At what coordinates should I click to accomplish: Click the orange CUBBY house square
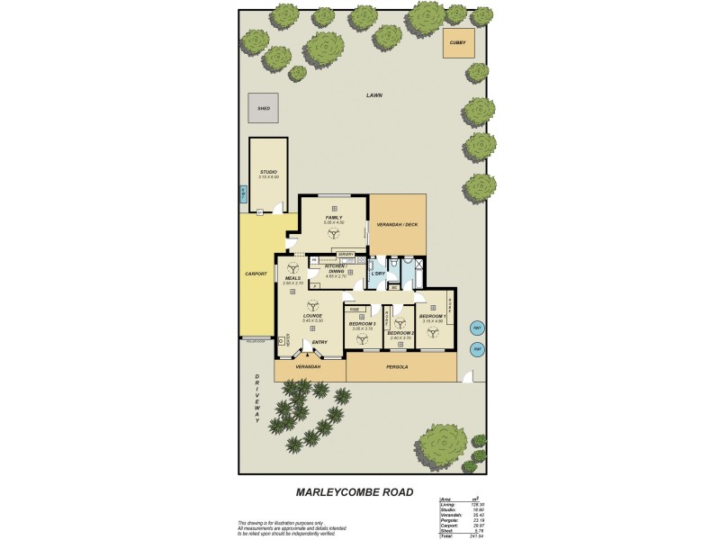(458, 43)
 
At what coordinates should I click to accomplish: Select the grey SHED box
(264, 108)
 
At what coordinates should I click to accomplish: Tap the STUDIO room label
(268, 172)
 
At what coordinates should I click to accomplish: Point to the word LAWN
(373, 94)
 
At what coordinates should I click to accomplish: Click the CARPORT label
(256, 274)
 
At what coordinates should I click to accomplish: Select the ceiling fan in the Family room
(334, 232)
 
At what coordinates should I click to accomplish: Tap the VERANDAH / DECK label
(396, 225)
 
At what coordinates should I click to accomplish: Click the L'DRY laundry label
(378, 273)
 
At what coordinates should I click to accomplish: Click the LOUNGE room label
(312, 316)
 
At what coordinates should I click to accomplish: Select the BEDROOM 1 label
(432, 316)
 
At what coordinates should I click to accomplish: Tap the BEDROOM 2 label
(399, 333)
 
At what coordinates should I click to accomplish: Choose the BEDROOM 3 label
(362, 323)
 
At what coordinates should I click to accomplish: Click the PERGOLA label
(397, 367)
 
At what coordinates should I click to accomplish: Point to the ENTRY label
(319, 342)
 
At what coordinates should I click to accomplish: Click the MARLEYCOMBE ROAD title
(355, 492)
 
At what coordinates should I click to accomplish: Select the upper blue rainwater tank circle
(478, 328)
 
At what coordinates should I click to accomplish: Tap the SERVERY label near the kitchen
(346, 254)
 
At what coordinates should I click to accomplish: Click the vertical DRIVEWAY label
(256, 398)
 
